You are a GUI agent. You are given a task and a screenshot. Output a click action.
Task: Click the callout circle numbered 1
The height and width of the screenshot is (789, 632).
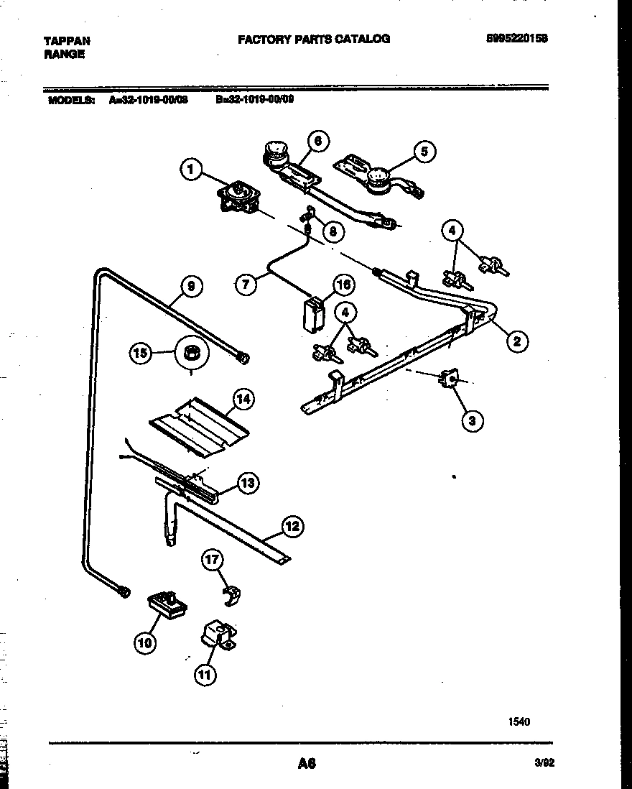pyautogui.click(x=190, y=170)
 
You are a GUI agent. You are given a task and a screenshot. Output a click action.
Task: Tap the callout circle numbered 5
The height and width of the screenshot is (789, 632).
pyautogui.click(x=424, y=151)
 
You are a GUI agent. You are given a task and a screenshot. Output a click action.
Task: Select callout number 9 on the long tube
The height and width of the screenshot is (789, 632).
pyautogui.click(x=190, y=286)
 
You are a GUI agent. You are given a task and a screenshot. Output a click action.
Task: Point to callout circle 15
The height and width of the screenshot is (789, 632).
pyautogui.click(x=141, y=352)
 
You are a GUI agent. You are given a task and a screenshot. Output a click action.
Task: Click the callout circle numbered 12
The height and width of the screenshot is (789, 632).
pyautogui.click(x=292, y=526)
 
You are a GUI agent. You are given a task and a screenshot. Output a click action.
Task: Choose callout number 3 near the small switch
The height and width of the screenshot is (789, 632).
pyautogui.click(x=471, y=421)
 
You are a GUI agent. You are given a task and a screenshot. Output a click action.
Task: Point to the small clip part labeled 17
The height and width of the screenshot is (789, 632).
pyautogui.click(x=231, y=594)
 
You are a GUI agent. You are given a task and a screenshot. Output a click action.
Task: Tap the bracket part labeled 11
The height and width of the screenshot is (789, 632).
pyautogui.click(x=218, y=636)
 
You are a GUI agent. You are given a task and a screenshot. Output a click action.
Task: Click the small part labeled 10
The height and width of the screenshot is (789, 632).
pyautogui.click(x=167, y=604)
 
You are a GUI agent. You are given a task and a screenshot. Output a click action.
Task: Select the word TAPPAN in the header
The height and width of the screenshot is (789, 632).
pyautogui.click(x=68, y=41)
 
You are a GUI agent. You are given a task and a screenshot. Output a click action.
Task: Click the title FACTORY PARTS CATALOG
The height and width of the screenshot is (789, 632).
pyautogui.click(x=314, y=39)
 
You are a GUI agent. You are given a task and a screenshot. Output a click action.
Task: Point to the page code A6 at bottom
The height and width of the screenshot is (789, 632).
pyautogui.click(x=307, y=764)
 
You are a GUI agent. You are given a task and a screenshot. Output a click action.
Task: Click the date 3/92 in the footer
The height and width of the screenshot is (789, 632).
pyautogui.click(x=544, y=765)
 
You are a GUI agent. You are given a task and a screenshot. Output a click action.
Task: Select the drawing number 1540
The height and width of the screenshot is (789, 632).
pyautogui.click(x=519, y=721)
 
